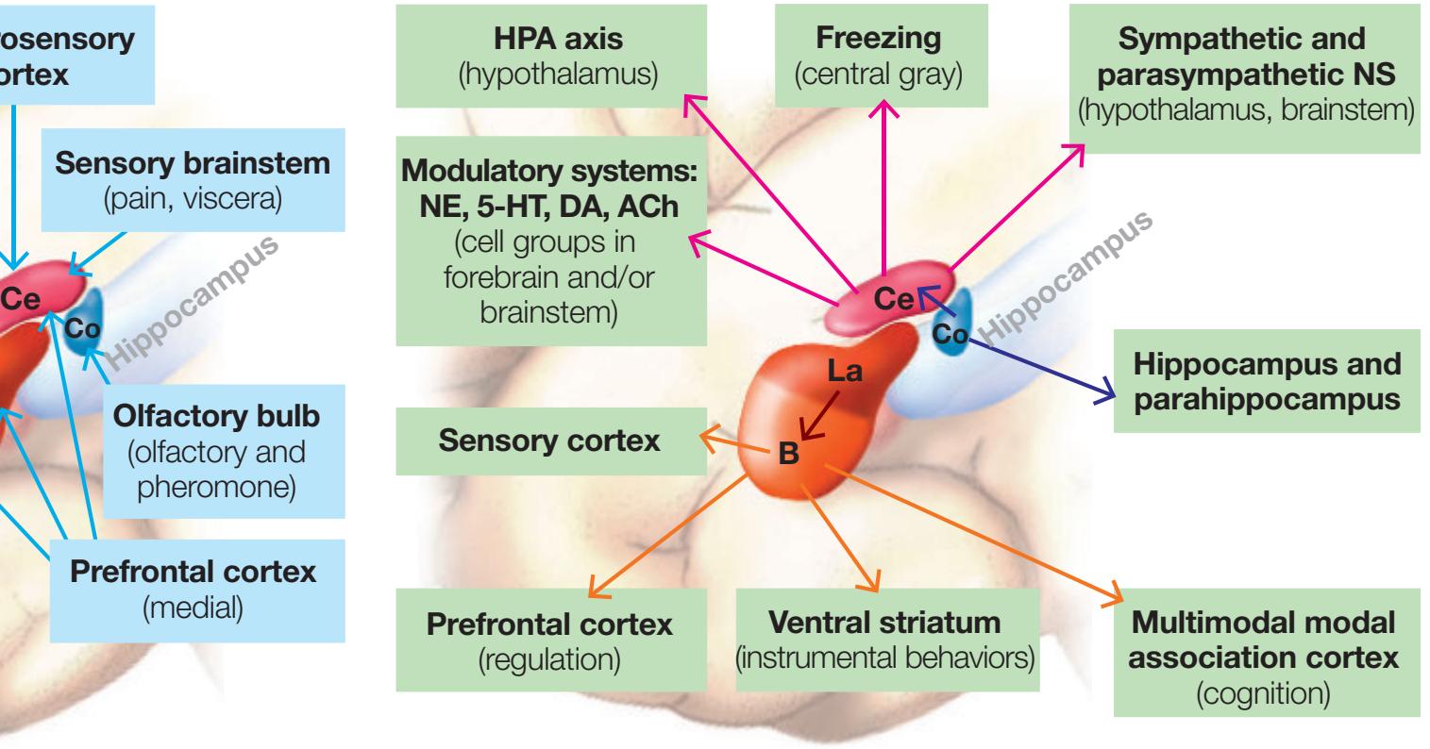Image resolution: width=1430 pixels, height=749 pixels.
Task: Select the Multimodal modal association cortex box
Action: (1266, 651)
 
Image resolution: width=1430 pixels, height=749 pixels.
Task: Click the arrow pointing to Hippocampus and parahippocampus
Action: (1038, 369)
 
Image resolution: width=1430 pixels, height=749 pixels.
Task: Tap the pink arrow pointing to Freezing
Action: (883, 189)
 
